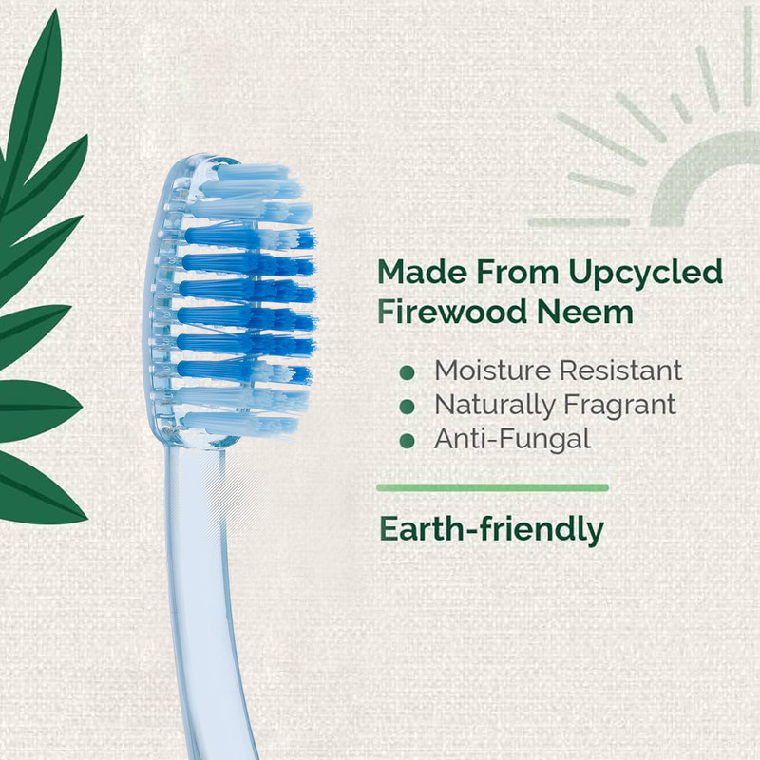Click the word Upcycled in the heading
(x=646, y=274)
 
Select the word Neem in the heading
(x=585, y=312)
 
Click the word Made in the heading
(x=422, y=272)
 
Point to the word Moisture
(x=492, y=370)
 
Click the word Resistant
(x=621, y=370)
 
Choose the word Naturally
(x=494, y=406)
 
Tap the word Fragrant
(x=619, y=406)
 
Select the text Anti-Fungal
(x=512, y=440)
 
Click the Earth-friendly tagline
(x=491, y=530)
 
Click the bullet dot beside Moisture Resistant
(x=408, y=372)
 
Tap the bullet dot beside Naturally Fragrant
(x=408, y=407)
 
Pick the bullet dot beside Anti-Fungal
(x=408, y=441)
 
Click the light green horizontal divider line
(x=492, y=487)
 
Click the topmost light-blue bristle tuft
(x=252, y=173)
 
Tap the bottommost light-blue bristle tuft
(x=240, y=424)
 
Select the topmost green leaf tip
(x=57, y=10)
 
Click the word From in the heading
(x=517, y=272)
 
